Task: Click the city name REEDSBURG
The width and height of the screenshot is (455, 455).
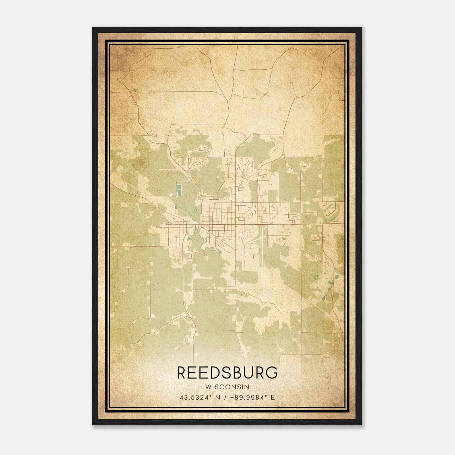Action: [x=227, y=373]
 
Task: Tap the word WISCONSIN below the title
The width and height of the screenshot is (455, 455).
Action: [x=227, y=387]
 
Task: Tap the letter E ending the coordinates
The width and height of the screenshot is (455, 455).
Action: [x=273, y=398]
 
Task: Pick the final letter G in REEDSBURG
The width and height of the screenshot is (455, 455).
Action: [x=272, y=373]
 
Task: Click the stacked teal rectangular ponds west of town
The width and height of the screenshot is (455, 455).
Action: [x=179, y=190]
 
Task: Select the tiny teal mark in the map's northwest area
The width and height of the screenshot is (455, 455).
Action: [x=135, y=90]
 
